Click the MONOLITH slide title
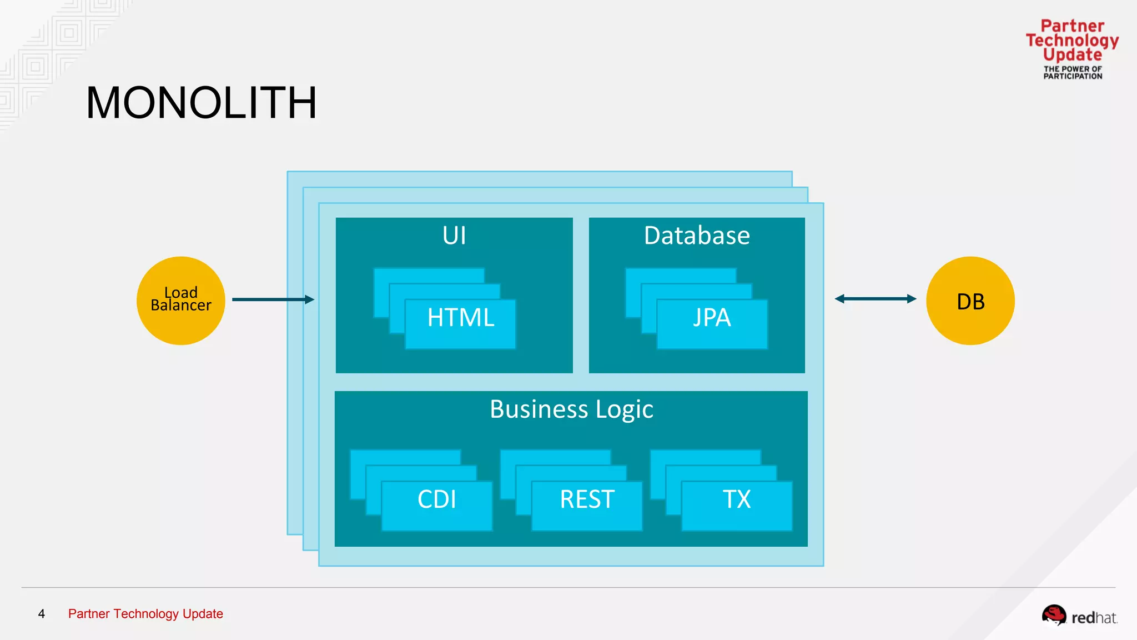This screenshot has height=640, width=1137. coord(201,103)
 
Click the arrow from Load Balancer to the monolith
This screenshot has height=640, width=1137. coord(272,299)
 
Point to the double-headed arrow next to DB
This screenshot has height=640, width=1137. coord(875,299)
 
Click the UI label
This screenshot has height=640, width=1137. coord(454,236)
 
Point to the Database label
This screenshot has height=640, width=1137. coord(697,236)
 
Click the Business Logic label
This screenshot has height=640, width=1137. coord(571,409)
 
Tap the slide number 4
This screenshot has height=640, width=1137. coord(41,614)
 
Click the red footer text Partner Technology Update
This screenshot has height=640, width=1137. coord(145,614)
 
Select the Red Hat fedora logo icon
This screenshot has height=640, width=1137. coord(1053,615)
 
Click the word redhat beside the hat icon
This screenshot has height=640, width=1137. coord(1094,618)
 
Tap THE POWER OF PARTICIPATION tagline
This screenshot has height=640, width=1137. coord(1073,73)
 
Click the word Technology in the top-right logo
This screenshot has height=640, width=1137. coord(1072,41)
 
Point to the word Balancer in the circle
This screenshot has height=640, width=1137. coord(181,306)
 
